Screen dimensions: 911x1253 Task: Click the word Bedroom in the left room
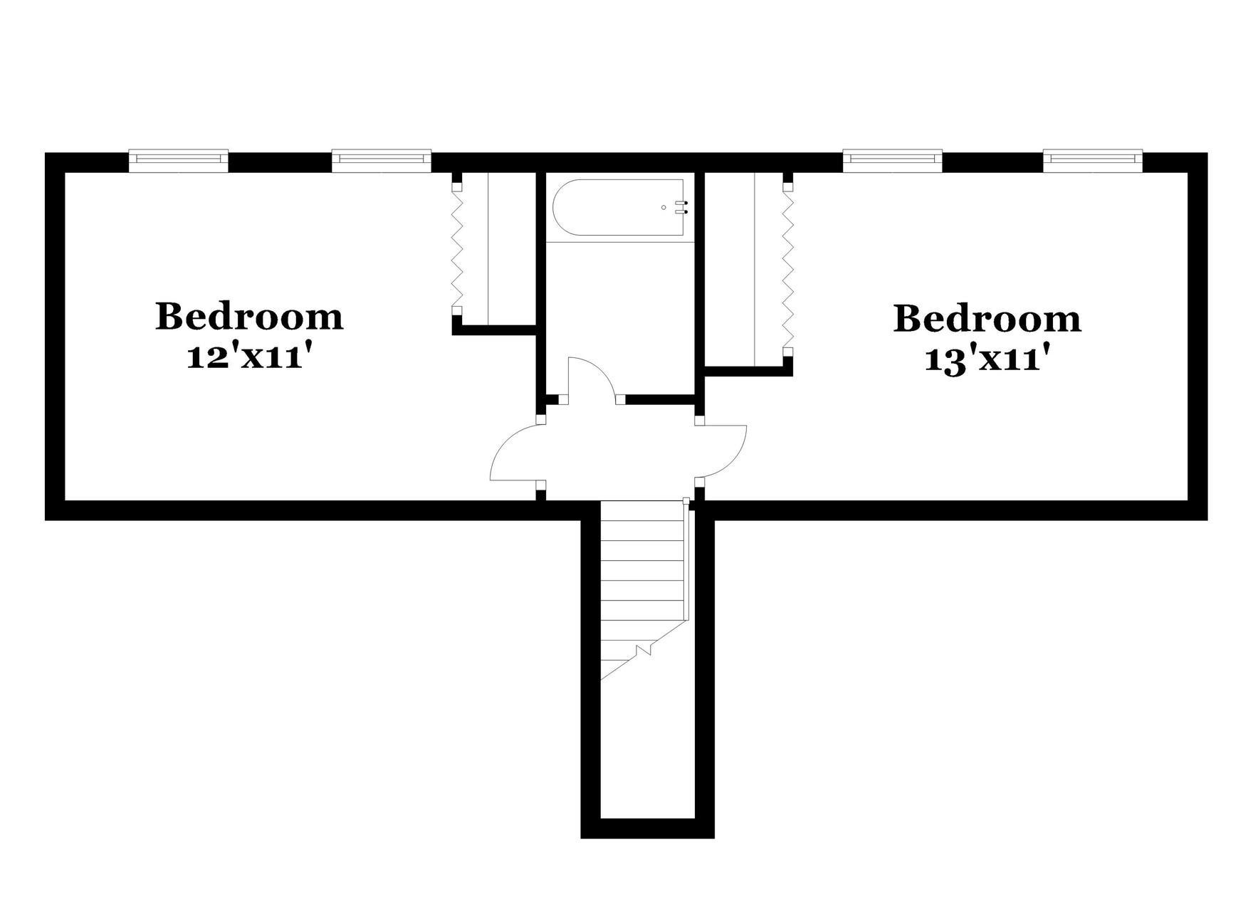click(249, 317)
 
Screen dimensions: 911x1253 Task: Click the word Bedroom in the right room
click(987, 319)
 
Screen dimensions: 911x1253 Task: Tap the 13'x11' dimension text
click(987, 359)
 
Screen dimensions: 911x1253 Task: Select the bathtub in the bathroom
click(618, 207)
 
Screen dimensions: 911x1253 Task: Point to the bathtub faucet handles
click(685, 207)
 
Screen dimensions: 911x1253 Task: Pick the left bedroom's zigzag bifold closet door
click(458, 248)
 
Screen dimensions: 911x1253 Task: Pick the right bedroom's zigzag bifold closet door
click(787, 270)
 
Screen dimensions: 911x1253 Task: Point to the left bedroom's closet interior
click(511, 248)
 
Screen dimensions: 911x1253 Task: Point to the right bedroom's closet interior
click(729, 270)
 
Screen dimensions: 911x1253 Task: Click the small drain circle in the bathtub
click(664, 207)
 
